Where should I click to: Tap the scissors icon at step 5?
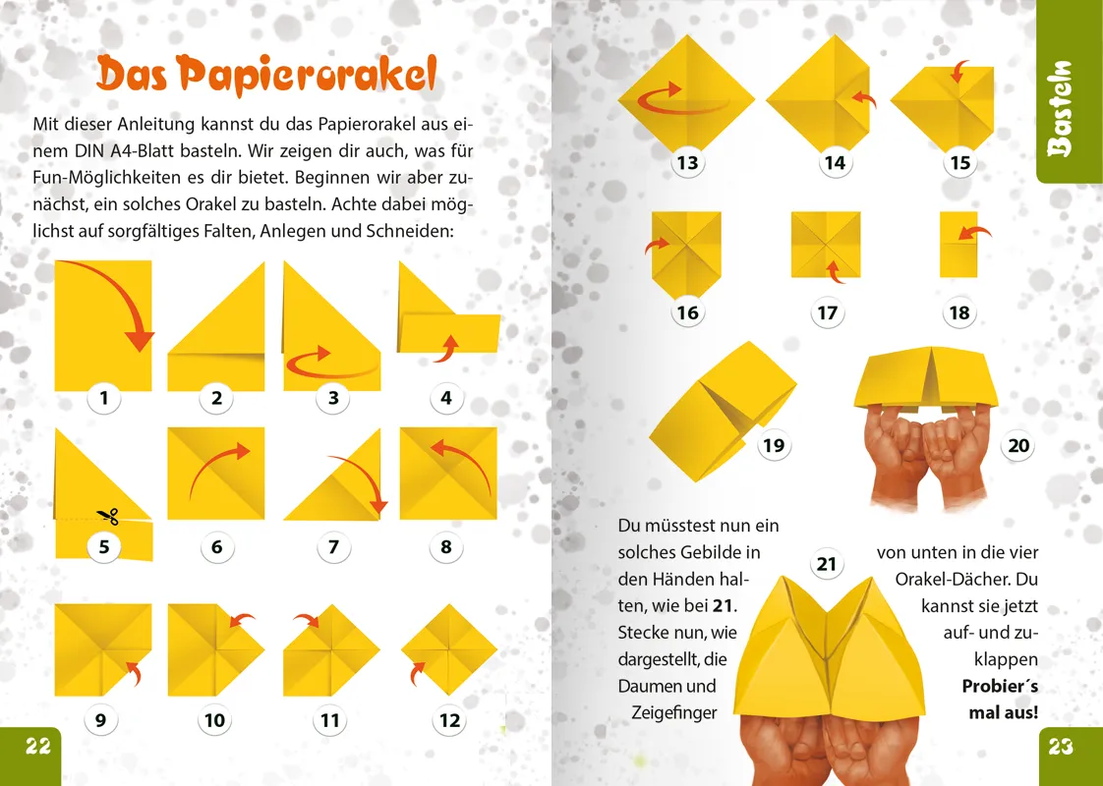point(107,515)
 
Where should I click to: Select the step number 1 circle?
point(103,398)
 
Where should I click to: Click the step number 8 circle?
point(445,546)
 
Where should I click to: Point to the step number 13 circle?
point(687,162)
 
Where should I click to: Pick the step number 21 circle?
point(827,564)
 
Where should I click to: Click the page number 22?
point(37,747)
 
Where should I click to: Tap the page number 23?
point(1061,747)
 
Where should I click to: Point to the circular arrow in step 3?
point(331,365)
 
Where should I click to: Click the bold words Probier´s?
point(999,686)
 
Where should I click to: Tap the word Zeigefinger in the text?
point(674,712)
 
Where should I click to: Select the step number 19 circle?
point(774,445)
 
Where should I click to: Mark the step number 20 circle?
point(1018,445)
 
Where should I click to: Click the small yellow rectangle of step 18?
point(958,244)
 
